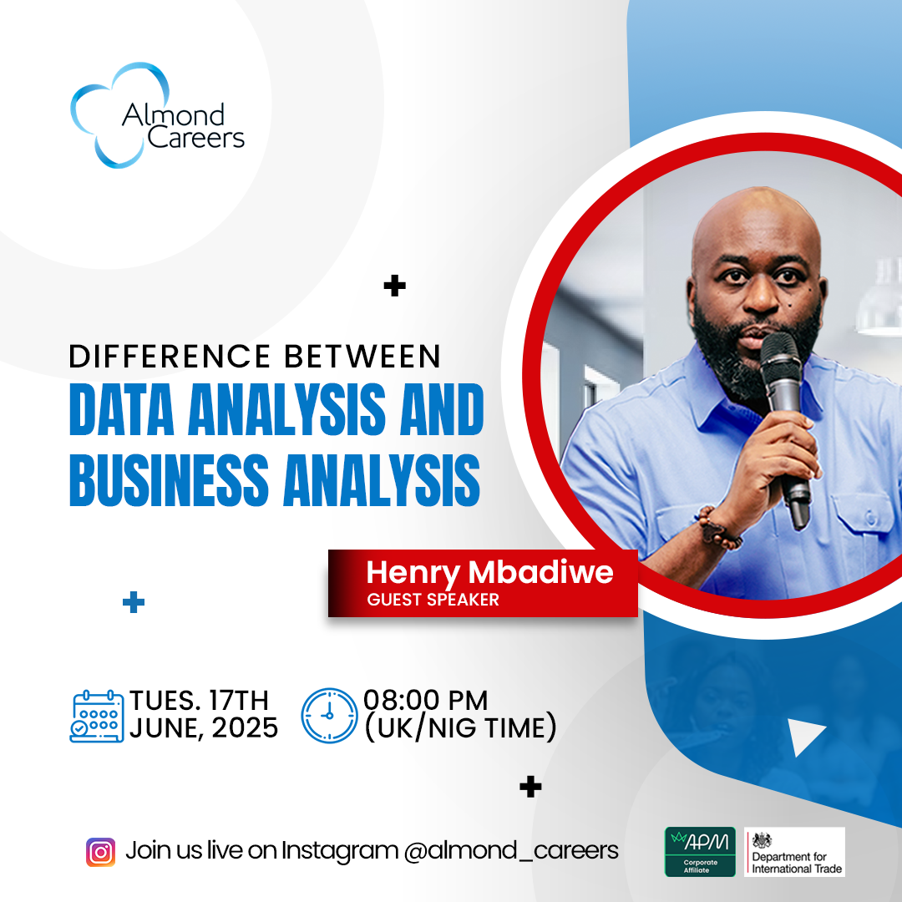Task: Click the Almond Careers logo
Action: point(157,115)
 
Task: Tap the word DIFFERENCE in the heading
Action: point(170,356)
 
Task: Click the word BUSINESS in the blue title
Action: point(169,479)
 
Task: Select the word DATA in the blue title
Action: point(121,409)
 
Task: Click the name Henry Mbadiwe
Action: point(489,573)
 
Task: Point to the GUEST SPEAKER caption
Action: point(433,600)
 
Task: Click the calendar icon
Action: point(97,717)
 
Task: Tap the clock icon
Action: point(330,715)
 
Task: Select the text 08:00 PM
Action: point(426,701)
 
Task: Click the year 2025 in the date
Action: point(245,728)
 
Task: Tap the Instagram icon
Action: point(101,852)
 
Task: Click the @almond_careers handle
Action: point(511,851)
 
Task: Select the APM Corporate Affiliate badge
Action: point(700,852)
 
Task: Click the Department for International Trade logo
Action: point(794,852)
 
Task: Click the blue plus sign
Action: point(134,602)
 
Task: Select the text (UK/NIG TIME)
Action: point(461,727)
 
